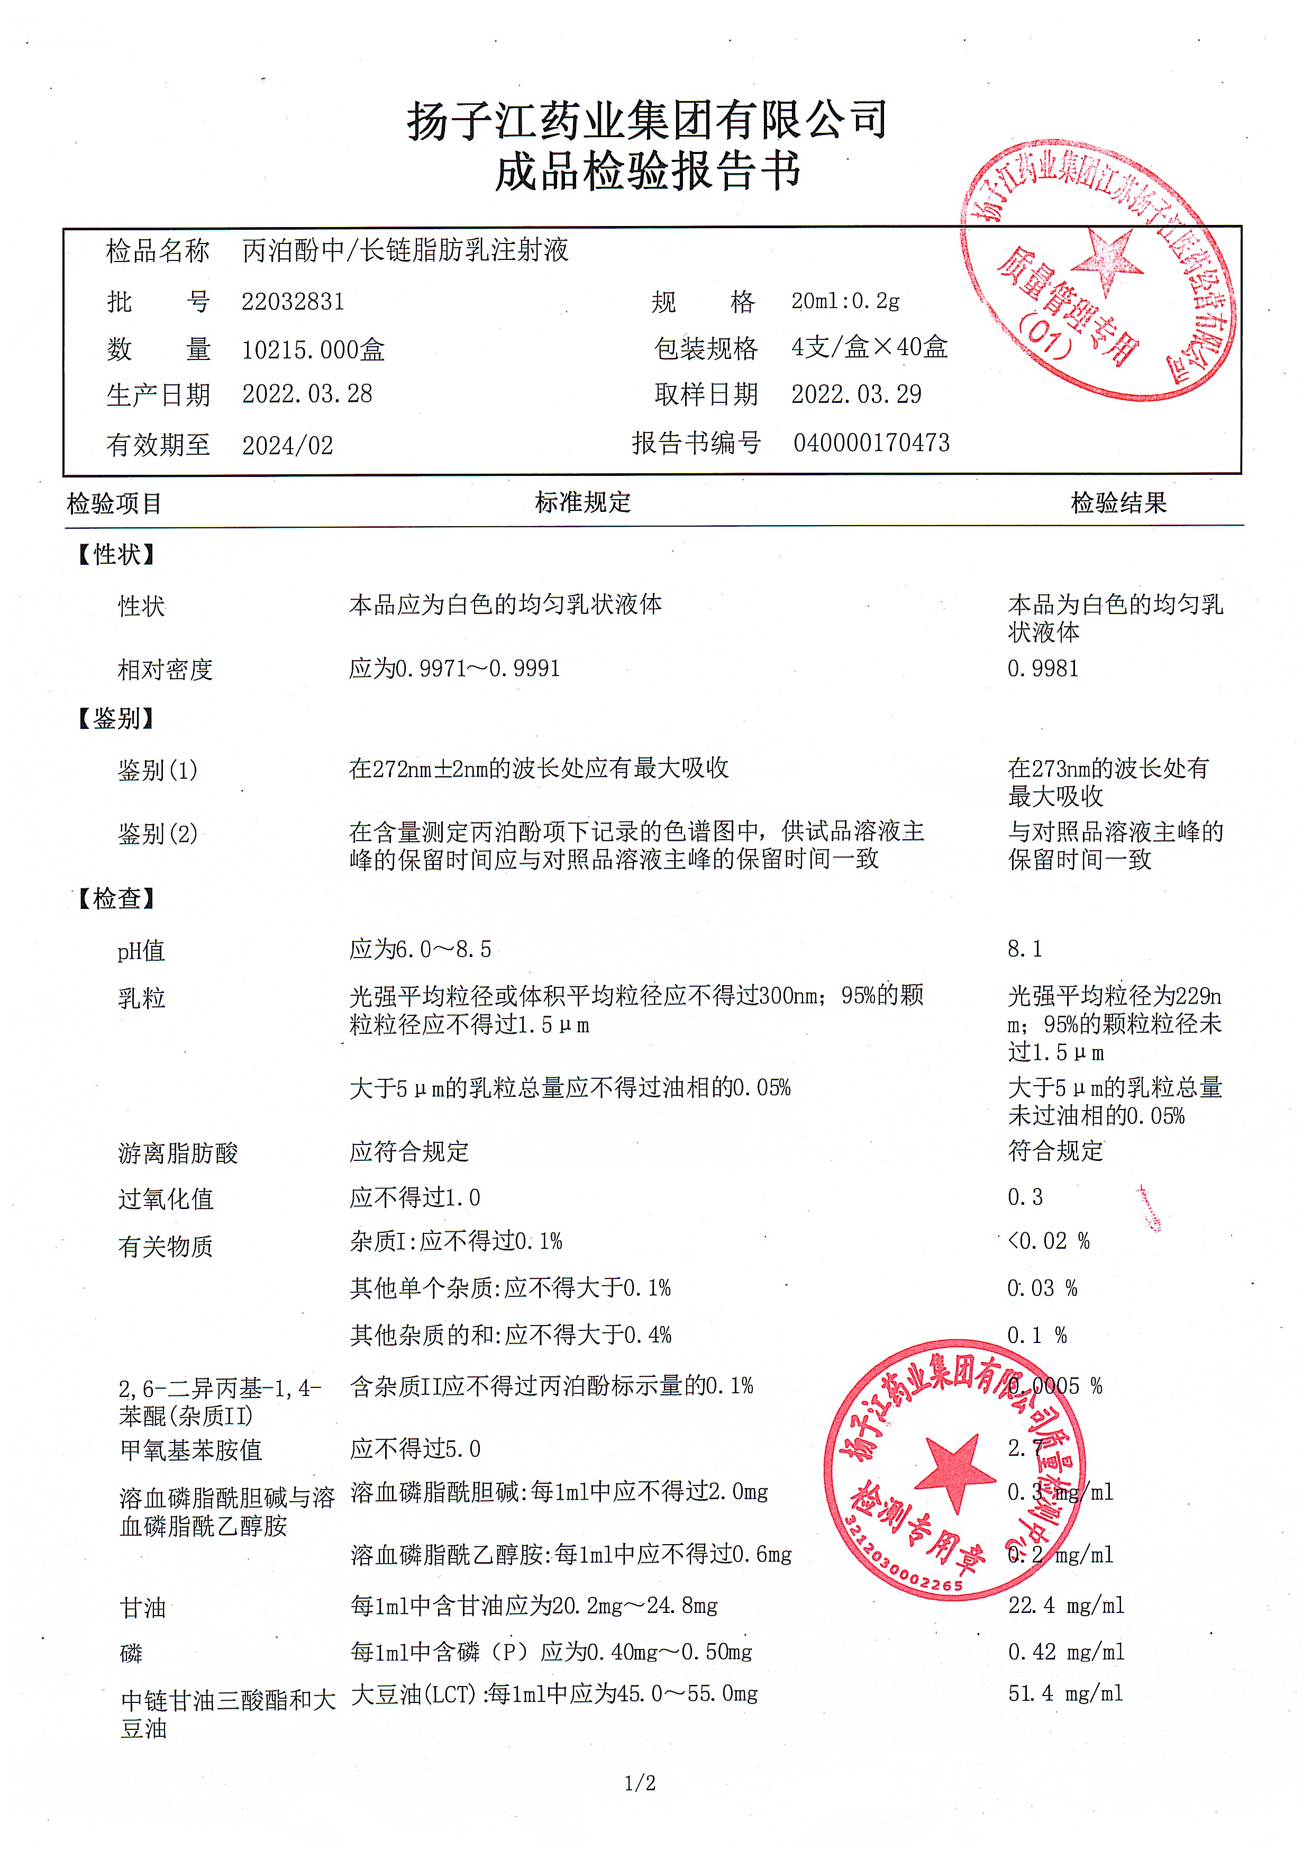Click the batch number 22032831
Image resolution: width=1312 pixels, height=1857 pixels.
(x=293, y=302)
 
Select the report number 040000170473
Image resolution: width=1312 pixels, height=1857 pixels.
(x=871, y=443)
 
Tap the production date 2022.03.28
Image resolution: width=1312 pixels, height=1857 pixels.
(x=307, y=394)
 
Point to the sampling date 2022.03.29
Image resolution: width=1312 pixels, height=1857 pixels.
(x=856, y=394)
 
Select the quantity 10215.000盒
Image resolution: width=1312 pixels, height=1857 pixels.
(x=313, y=349)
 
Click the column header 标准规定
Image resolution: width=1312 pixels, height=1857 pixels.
(x=582, y=502)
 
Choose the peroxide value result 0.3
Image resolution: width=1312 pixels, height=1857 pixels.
(x=1025, y=1197)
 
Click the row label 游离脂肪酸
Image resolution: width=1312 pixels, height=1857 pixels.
(x=178, y=1152)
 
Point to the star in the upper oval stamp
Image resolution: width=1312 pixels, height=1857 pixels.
(x=1106, y=260)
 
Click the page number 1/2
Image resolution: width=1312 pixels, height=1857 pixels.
(x=640, y=1782)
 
